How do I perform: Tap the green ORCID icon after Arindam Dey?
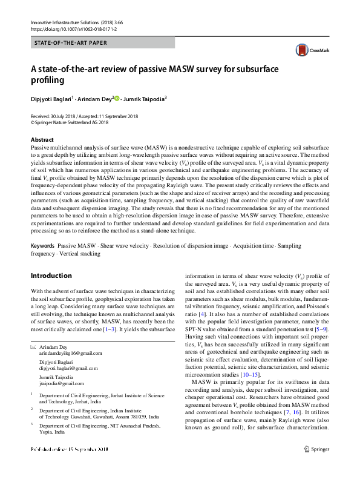[117, 98]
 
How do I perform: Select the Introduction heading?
[51, 276]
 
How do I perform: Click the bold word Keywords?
[42, 246]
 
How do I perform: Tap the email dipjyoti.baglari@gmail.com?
[68, 368]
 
